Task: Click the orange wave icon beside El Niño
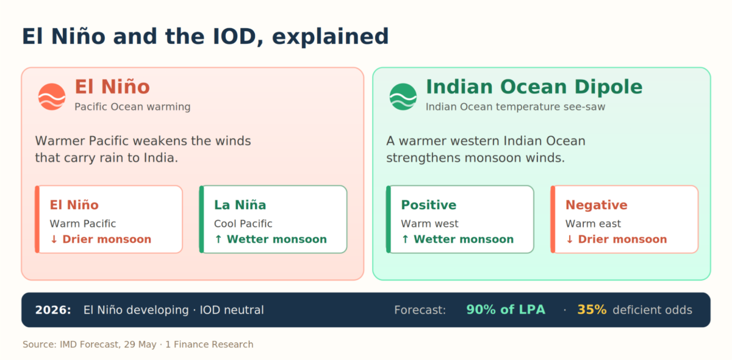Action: click(52, 97)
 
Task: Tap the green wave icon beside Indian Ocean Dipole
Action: click(403, 97)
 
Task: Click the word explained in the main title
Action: click(331, 37)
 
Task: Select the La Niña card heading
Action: click(240, 205)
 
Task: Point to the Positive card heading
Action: click(428, 205)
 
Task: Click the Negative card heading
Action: click(597, 205)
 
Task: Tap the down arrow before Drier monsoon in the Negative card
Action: click(570, 239)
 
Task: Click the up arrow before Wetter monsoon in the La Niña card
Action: click(218, 239)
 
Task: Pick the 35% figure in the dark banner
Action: click(592, 309)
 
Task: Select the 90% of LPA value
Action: click(506, 309)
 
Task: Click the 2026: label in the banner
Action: click(53, 310)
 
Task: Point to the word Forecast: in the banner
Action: click(420, 310)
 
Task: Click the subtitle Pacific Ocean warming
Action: click(132, 107)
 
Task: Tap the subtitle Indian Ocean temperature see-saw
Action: click(515, 107)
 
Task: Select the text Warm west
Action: click(429, 224)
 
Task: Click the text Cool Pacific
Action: click(243, 224)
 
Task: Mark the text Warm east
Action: click(593, 224)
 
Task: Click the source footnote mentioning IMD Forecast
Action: click(138, 344)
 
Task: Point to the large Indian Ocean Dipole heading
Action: click(534, 87)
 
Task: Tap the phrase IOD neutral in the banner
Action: click(232, 310)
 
